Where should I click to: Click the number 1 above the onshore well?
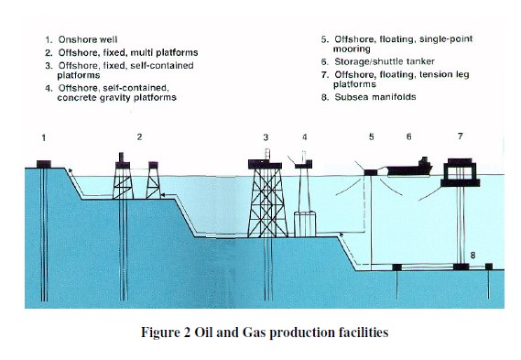pyautogui.click(x=44, y=137)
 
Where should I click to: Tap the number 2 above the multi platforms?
pyautogui.click(x=139, y=136)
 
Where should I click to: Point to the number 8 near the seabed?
pyautogui.click(x=472, y=256)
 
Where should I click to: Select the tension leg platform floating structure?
pyautogui.click(x=461, y=172)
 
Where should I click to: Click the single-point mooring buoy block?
pyautogui.click(x=370, y=172)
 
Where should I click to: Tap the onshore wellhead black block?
pyautogui.click(x=44, y=164)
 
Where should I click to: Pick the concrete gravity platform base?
pyautogui.click(x=305, y=224)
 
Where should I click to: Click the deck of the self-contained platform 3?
pyautogui.click(x=265, y=164)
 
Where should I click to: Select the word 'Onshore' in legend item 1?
pyautogui.click(x=72, y=39)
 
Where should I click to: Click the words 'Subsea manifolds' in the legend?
pyautogui.click(x=375, y=97)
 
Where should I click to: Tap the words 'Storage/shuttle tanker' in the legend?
pyautogui.click(x=385, y=61)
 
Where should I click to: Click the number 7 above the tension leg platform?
pyautogui.click(x=461, y=136)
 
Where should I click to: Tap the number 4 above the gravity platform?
pyautogui.click(x=305, y=137)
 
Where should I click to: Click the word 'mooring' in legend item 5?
pyautogui.click(x=352, y=49)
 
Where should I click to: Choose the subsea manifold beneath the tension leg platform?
pyautogui.click(x=461, y=267)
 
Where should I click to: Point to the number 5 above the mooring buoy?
pyautogui.click(x=371, y=136)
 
